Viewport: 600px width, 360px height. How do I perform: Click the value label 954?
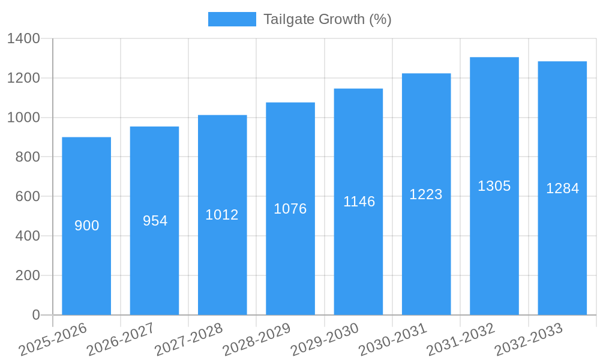155,221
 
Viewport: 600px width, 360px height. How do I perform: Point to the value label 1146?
359,202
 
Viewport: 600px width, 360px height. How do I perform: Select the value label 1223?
426,194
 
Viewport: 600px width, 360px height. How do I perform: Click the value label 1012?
222,215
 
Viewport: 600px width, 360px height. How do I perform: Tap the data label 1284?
562,188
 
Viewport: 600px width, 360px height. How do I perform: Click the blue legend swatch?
232,19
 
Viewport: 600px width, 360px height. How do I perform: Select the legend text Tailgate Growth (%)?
327,19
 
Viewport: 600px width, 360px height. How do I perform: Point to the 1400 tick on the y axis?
23,39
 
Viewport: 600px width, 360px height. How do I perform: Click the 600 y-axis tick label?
28,196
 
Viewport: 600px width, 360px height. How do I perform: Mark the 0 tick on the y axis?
36,315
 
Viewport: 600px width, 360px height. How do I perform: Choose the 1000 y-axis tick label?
23,118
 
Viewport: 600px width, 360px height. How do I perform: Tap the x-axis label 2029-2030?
325,340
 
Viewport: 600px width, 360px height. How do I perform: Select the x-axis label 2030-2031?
393,340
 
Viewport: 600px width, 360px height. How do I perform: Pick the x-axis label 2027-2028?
189,340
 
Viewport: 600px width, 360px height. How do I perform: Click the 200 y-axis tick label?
28,275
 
